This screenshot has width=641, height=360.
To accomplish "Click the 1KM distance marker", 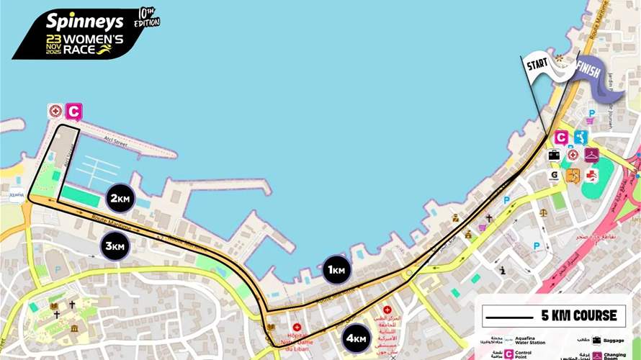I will tap(336, 270).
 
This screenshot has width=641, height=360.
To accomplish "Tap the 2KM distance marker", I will tap(120, 198).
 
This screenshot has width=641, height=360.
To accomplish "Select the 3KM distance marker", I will tap(115, 246).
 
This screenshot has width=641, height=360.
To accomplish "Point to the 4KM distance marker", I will tap(357, 338).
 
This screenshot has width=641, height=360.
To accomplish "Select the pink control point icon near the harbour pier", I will tap(73, 112).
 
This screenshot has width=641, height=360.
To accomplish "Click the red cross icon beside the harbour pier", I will tap(55, 112).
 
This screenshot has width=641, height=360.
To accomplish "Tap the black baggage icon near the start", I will tap(555, 154).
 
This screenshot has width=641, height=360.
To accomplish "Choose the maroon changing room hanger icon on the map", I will tap(591, 154).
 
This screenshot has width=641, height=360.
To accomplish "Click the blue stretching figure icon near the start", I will tap(581, 137).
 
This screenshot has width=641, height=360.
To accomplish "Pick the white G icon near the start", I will tap(555, 174).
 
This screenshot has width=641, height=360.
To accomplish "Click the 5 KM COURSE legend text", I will tap(578, 315).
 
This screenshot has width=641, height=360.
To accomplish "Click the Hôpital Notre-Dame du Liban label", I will tap(296, 339).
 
